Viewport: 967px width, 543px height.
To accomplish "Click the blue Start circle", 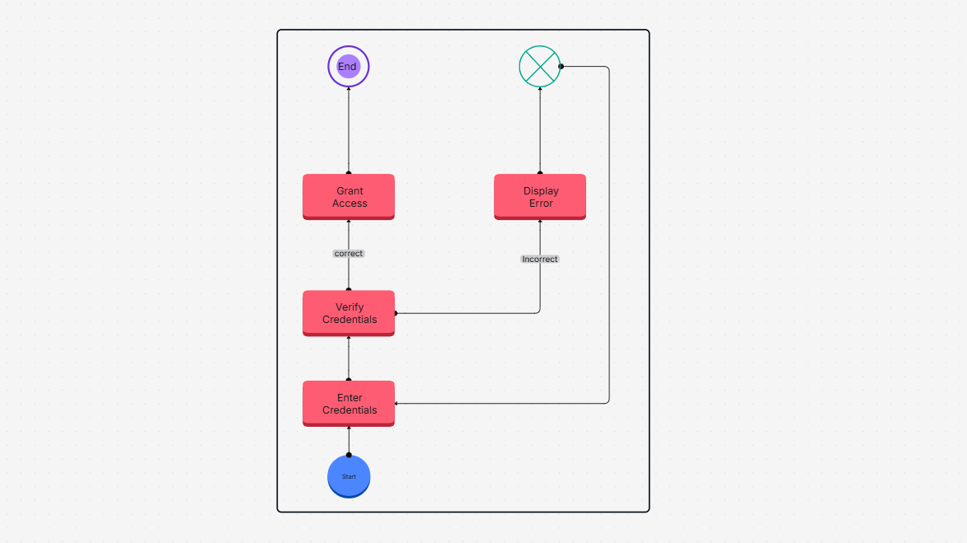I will click(349, 476).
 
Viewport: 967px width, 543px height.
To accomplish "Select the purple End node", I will click(349, 67).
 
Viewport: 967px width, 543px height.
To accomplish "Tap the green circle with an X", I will click(540, 66).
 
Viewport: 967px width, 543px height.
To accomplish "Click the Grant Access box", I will click(349, 197).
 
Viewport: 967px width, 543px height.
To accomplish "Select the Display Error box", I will click(540, 197).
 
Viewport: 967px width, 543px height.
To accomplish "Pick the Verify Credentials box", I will click(349, 313).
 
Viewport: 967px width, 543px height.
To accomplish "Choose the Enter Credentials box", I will click(349, 404).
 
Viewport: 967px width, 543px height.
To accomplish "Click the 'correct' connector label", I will click(349, 254).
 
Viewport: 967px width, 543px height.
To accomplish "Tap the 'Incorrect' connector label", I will click(540, 260).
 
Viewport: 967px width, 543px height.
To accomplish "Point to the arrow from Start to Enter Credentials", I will click(349, 441).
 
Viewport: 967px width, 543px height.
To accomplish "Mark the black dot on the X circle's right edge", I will click(561, 67).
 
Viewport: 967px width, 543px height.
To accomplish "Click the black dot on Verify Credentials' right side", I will click(395, 313).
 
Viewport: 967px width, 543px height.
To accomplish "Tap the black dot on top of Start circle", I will click(349, 455).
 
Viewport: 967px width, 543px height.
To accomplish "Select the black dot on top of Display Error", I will click(540, 173).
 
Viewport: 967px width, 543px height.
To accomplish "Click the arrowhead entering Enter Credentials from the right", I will click(397, 404).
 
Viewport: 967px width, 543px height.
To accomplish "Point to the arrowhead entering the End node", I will click(349, 89).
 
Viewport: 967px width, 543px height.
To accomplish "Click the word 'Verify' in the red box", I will click(350, 307).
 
